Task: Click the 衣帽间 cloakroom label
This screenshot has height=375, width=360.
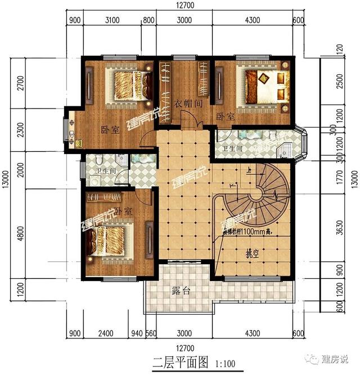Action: coord(183,103)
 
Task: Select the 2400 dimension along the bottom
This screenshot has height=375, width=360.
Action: coord(105,332)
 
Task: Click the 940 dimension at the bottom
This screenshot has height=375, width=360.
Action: coord(136,332)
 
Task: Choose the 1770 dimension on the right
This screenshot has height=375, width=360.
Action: coord(339,179)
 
